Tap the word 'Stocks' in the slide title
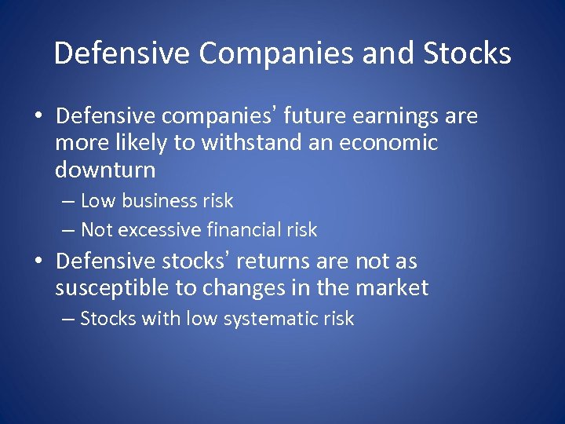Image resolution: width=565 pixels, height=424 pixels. pyautogui.click(x=467, y=53)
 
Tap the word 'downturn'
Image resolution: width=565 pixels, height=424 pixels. pyautogui.click(x=105, y=170)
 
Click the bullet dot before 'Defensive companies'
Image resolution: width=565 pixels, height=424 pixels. pyautogui.click(x=38, y=118)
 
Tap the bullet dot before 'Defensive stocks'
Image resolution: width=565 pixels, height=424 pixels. pyautogui.click(x=38, y=261)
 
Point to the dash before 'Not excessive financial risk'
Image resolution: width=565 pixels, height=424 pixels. pyautogui.click(x=68, y=230)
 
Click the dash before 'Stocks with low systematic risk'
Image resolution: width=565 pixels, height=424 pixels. pyautogui.click(x=68, y=319)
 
